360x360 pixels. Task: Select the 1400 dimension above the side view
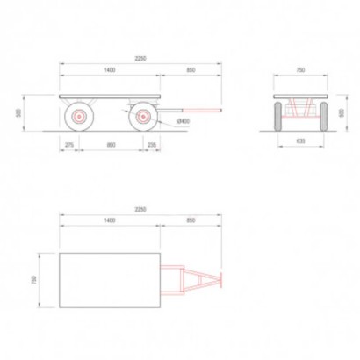tap(109, 68)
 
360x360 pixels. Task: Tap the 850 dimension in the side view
tap(191, 68)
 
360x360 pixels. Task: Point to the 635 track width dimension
tap(300, 139)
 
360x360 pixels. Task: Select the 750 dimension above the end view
tap(300, 69)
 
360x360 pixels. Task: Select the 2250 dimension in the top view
tap(140, 210)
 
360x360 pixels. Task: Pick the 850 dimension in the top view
tap(191, 220)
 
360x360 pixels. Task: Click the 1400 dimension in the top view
tap(109, 220)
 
